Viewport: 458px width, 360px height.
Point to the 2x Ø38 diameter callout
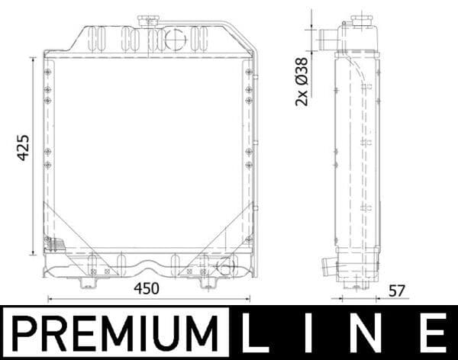click(x=302, y=81)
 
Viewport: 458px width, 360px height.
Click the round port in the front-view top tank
click(x=175, y=37)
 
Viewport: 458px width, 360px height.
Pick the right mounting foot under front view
click(x=206, y=283)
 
